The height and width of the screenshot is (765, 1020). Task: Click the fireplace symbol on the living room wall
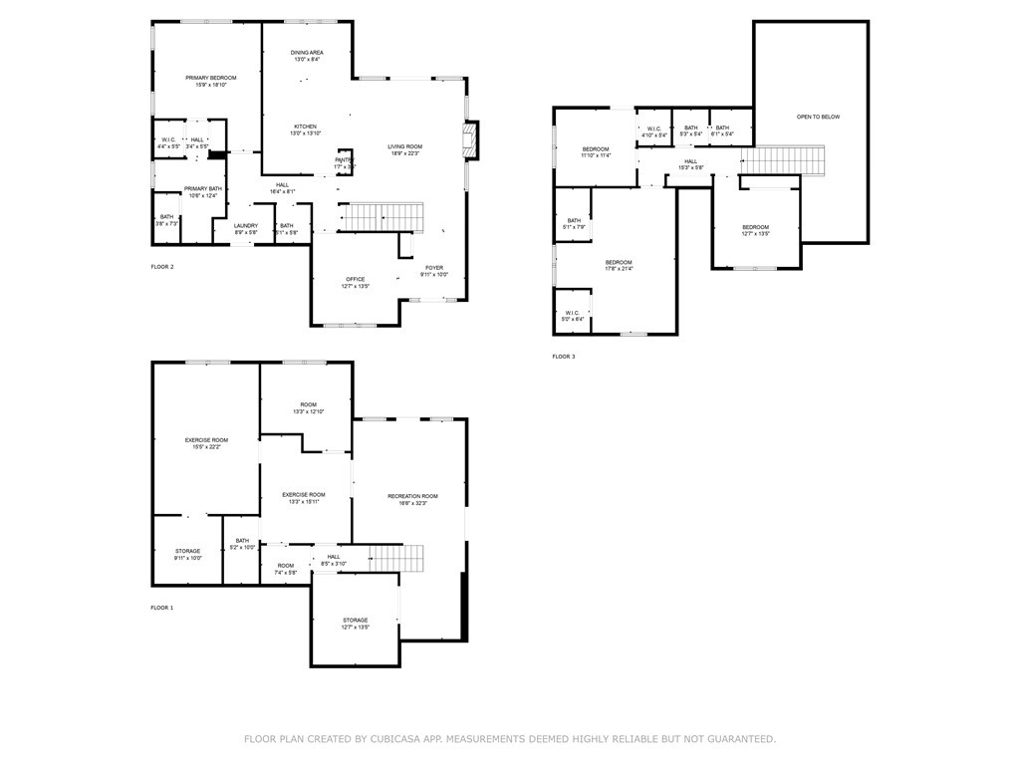pyautogui.click(x=472, y=140)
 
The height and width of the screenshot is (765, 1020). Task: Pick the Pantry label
pyautogui.click(x=344, y=160)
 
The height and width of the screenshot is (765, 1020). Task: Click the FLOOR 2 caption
pyautogui.click(x=161, y=267)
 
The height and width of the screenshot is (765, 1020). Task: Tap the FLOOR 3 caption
pyautogui.click(x=564, y=356)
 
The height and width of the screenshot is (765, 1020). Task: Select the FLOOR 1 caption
pyautogui.click(x=161, y=607)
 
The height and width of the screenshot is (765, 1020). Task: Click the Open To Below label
pyautogui.click(x=818, y=118)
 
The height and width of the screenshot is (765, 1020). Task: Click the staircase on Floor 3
pyautogui.click(x=785, y=160)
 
